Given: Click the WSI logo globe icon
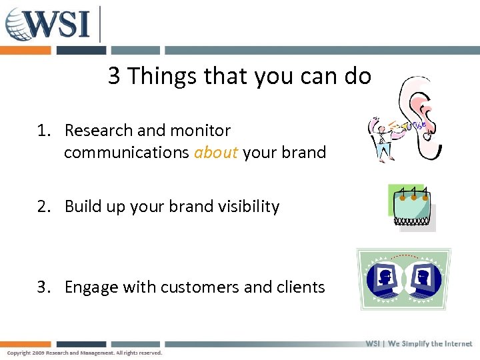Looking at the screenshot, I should pos(19,25).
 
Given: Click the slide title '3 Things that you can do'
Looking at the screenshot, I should pos(239,77).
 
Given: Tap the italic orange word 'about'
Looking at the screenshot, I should pos(216,153).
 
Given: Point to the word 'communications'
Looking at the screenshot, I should pos(127,153).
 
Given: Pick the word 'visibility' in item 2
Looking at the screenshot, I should pos(245,207).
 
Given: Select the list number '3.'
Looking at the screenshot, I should pos(45,287).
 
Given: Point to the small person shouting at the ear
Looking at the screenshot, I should pos(381,137).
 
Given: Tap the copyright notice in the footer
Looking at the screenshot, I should pos(85,353).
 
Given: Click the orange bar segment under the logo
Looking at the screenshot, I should pos(25,51).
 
